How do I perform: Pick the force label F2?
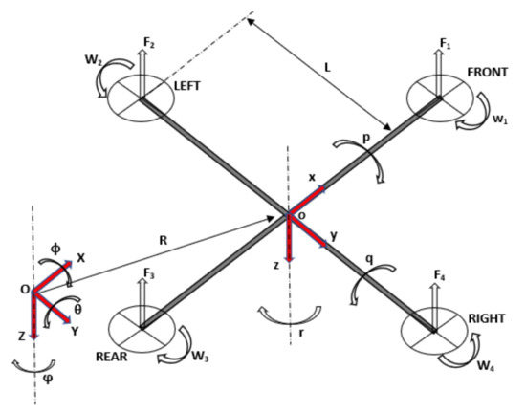pyautogui.click(x=148, y=43)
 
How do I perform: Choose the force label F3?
pyautogui.click(x=147, y=274)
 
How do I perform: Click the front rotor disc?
pyautogui.click(x=437, y=97)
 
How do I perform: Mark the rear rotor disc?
pyautogui.click(x=141, y=328)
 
